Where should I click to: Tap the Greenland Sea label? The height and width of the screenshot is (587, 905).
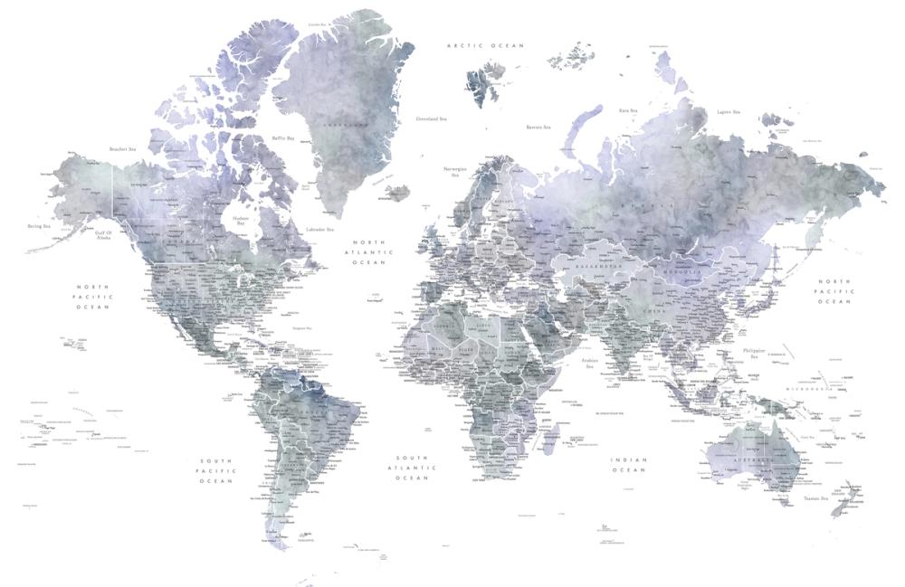click(431, 118)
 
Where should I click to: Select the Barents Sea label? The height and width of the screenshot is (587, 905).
click(540, 128)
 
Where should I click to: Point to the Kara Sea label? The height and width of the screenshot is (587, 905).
click(629, 110)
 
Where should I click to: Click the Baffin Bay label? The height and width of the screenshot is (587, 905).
click(284, 138)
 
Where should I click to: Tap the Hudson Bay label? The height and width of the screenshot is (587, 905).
click(240, 219)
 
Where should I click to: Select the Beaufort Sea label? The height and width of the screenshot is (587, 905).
click(122, 148)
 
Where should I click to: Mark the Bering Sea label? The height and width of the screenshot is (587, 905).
click(39, 225)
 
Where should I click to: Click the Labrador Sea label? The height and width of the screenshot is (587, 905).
click(320, 230)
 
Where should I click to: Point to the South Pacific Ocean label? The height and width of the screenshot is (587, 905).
click(217, 470)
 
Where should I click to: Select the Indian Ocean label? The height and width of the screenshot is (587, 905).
click(629, 464)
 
